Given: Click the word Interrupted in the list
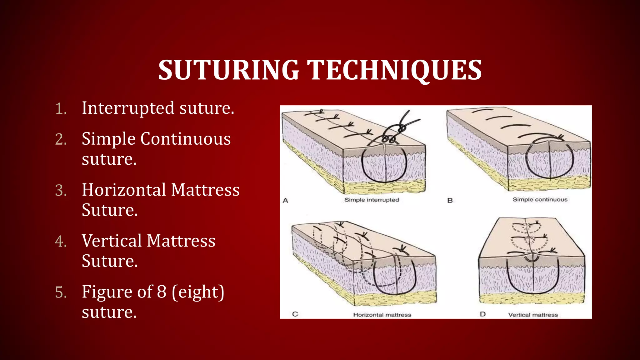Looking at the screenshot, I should click(128, 108).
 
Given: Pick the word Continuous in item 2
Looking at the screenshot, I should click(186, 139).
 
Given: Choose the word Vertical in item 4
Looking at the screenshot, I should click(112, 241).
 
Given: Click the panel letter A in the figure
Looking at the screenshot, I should click(285, 201).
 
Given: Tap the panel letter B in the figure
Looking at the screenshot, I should click(450, 200).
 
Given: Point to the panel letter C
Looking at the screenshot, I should click(295, 314).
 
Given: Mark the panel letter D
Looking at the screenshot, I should click(483, 314).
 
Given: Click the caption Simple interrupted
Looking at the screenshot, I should click(372, 200).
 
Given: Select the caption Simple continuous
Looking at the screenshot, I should click(540, 200).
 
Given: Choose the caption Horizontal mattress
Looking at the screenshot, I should click(382, 315).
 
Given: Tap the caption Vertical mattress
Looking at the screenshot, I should click(533, 315).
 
